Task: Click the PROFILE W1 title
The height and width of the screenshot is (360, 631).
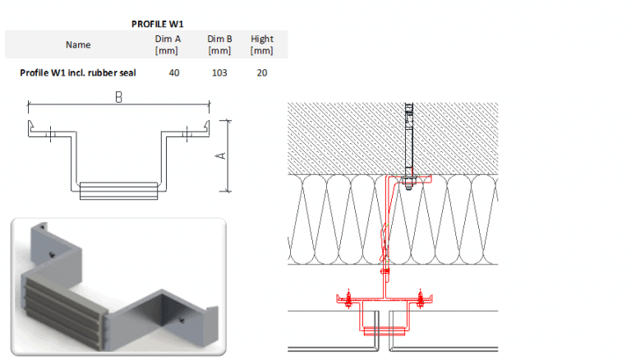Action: tap(157, 24)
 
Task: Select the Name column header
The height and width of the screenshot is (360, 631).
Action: tap(78, 44)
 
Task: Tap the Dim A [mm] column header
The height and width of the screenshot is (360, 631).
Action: tap(168, 44)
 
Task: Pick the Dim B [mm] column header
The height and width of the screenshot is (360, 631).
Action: tap(219, 44)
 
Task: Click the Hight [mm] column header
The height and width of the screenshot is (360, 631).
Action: tap(262, 44)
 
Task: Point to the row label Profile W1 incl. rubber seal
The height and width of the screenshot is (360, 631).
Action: tap(78, 72)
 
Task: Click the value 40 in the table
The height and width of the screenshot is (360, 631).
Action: tap(174, 72)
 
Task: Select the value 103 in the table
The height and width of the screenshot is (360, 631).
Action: tap(219, 72)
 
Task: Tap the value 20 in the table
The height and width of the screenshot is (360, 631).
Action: tap(262, 72)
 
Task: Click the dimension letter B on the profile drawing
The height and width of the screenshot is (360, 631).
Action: tap(119, 97)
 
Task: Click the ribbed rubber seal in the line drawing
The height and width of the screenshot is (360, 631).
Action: tap(117, 191)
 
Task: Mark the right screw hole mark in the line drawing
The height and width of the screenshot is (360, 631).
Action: tap(187, 131)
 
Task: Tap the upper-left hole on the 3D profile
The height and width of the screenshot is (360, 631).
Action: tap(53, 256)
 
